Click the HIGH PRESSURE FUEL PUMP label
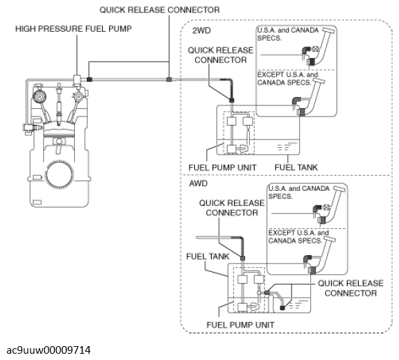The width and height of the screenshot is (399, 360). [74, 28]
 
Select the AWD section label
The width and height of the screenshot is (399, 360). [198, 183]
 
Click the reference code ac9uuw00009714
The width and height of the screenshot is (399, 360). [49, 350]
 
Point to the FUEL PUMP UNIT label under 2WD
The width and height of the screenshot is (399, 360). [223, 168]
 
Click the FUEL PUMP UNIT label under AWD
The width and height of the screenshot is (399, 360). [241, 325]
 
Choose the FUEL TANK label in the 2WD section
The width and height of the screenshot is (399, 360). [296, 167]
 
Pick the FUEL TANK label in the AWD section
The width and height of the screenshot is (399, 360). [207, 257]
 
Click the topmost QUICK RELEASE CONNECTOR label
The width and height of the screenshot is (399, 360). [160, 10]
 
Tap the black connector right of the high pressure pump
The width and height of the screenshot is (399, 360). [89, 79]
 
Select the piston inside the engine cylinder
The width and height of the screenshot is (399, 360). [59, 133]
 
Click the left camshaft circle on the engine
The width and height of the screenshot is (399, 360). [40, 96]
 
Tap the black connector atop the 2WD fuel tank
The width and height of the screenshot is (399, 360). [232, 101]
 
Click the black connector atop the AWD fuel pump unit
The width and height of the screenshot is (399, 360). [243, 258]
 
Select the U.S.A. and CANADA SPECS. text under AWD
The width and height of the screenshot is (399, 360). [299, 192]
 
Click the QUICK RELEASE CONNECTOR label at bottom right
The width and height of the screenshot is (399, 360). [350, 288]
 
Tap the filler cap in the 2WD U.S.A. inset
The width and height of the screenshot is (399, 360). [330, 31]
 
